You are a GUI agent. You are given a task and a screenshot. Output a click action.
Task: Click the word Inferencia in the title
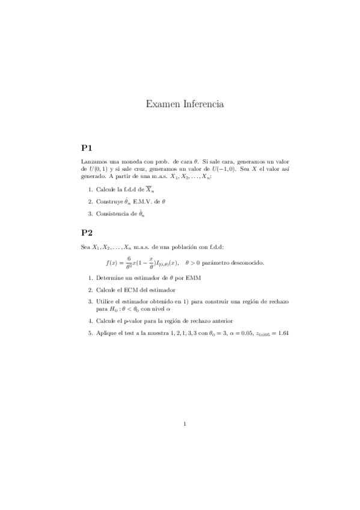[x=201, y=105]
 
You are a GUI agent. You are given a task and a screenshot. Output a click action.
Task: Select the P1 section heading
[x=87, y=147]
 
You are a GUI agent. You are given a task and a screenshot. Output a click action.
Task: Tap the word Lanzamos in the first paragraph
[x=94, y=162]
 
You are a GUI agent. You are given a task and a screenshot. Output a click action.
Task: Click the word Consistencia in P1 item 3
[x=112, y=213]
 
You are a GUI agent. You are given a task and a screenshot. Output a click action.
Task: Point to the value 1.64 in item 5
[x=282, y=333]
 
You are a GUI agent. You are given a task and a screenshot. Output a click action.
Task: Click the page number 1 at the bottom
[x=186, y=424]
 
